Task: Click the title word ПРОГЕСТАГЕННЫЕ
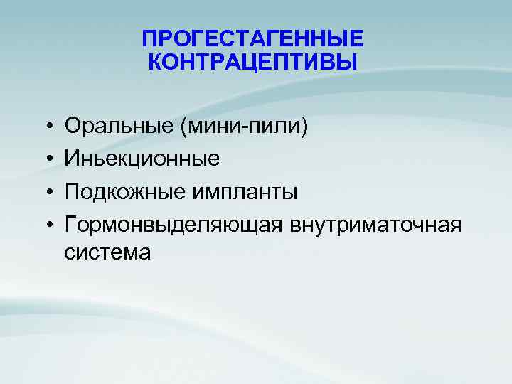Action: click(252, 38)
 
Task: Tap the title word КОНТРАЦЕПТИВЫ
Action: click(252, 62)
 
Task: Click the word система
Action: click(107, 252)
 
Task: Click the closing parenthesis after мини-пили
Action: click(306, 127)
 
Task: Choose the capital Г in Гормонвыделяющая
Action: click(70, 225)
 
